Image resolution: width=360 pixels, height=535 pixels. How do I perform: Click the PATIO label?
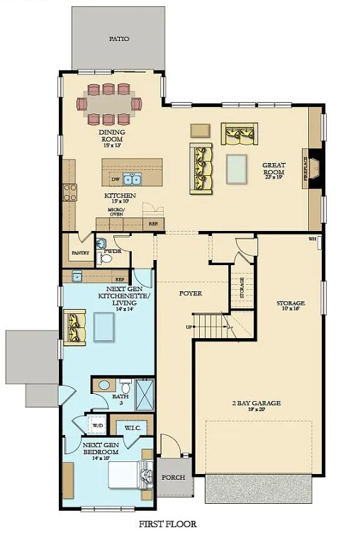[118, 39]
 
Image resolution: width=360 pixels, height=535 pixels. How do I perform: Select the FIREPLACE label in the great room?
[306, 169]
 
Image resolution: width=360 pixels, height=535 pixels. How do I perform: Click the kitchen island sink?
[132, 179]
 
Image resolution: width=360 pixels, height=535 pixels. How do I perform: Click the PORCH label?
[174, 477]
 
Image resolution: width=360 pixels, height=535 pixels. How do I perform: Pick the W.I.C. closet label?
[133, 427]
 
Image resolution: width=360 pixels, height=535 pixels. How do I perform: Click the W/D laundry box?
[96, 426]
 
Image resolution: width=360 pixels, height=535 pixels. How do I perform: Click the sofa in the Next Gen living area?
[72, 325]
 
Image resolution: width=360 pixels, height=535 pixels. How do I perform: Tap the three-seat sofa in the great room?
[201, 168]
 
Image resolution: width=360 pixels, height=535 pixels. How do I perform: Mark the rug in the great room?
[237, 169]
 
